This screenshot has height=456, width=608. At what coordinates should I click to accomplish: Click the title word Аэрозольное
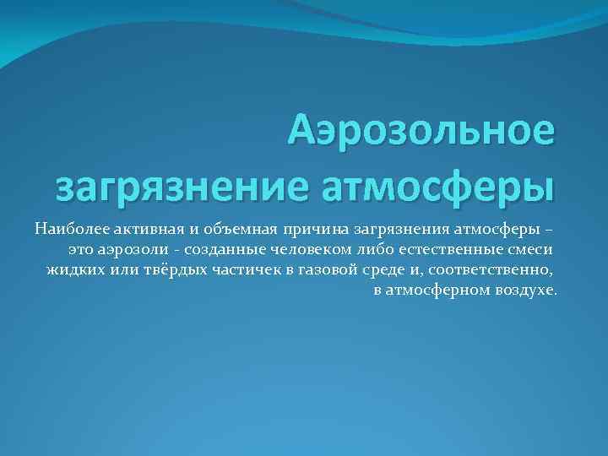point(421,132)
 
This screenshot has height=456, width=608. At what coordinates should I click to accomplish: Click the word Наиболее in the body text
point(66,228)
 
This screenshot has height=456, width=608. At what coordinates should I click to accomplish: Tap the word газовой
point(315,270)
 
